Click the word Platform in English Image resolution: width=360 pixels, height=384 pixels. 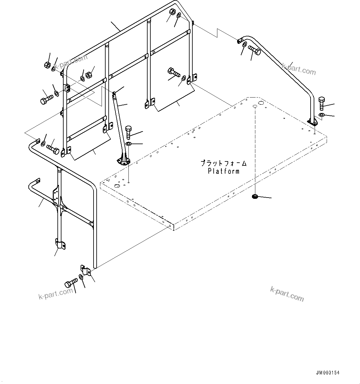pyautogui.click(x=224, y=171)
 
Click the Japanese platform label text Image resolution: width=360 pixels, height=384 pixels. pyautogui.click(x=224, y=163)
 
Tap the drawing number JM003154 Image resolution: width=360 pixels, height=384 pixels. pyautogui.click(x=328, y=373)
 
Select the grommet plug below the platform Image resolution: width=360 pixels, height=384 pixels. pyautogui.click(x=255, y=196)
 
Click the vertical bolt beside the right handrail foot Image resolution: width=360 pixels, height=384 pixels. pyautogui.click(x=321, y=104)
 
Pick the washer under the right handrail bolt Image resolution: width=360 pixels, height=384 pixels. pyautogui.click(x=321, y=115)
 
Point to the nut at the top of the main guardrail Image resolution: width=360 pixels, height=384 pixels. pyautogui.click(x=173, y=12)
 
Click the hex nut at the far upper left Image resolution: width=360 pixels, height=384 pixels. pyautogui.click(x=47, y=65)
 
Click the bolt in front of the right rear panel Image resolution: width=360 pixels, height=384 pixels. pyautogui.click(x=174, y=73)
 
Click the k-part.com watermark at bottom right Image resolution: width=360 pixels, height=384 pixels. pyautogui.click(x=287, y=294)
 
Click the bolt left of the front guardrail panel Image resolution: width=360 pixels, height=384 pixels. pyautogui.click(x=47, y=100)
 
